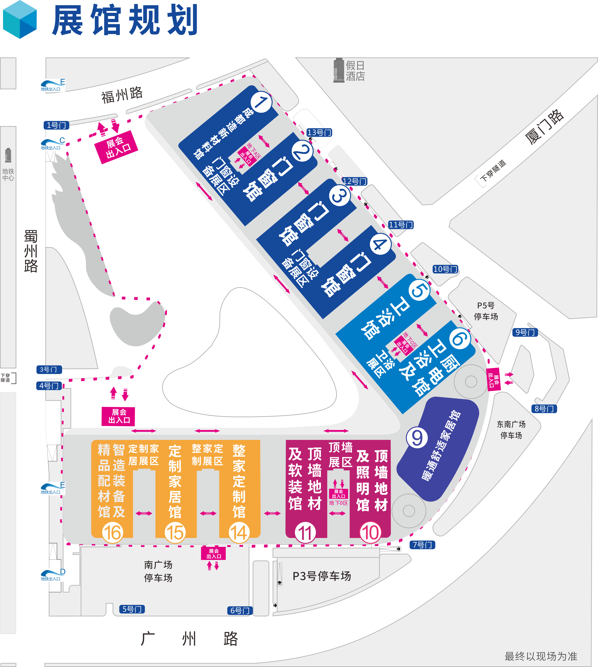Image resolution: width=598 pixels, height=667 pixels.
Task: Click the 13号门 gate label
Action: pyautogui.click(x=319, y=132)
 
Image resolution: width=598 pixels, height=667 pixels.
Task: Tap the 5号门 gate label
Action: pyautogui.click(x=132, y=609)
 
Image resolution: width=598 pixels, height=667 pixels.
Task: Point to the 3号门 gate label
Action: pyautogui.click(x=49, y=369)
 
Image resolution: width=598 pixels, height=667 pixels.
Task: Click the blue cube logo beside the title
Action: pyautogui.click(x=20, y=20)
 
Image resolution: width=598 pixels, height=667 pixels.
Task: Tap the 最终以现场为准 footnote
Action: pyautogui.click(x=541, y=656)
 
